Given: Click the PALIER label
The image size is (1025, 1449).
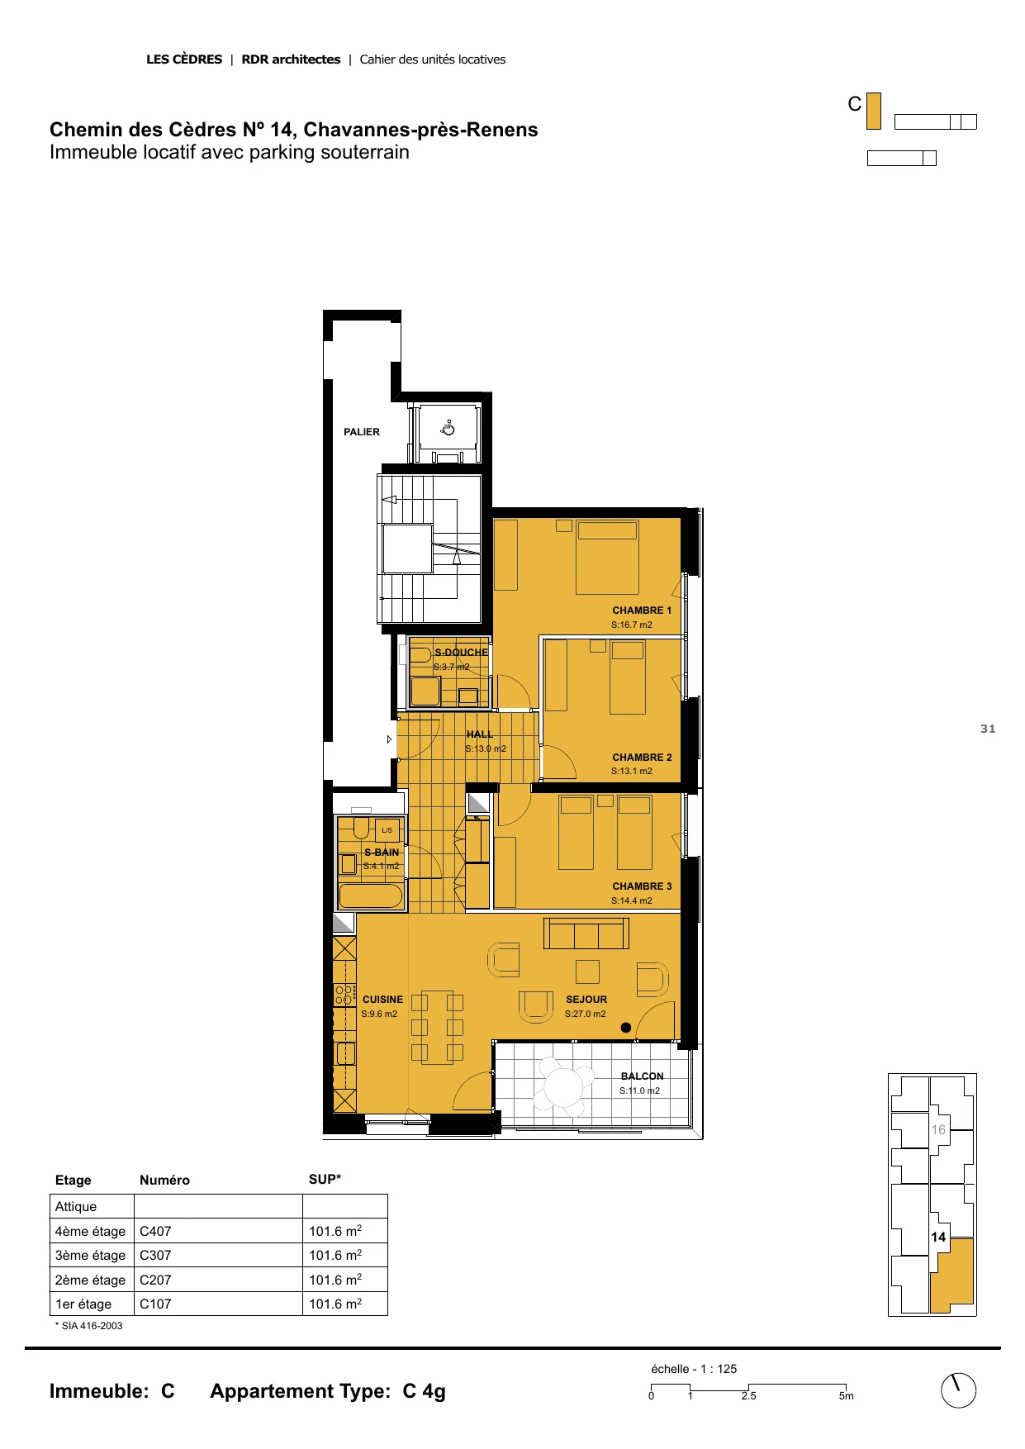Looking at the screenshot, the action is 362,432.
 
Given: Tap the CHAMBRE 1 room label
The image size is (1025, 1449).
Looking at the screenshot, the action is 642,610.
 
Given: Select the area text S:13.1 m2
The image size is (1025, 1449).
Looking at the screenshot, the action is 632,772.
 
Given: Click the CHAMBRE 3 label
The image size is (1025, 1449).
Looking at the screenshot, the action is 642,886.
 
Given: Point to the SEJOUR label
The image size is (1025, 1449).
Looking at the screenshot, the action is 586,1000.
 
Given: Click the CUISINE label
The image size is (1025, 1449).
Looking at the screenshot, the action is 383,1000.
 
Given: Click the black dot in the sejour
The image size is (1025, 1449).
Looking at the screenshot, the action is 625,1028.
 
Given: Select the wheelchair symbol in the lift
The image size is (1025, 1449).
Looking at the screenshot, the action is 448,428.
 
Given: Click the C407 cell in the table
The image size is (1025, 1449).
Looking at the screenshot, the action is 155,1231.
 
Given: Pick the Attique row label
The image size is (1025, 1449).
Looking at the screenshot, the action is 76,1207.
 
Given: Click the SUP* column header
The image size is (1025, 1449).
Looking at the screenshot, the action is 325,1180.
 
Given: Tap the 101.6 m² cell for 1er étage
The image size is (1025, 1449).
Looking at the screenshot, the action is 335,1304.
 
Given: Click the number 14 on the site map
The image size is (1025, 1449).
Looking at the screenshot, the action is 938,1238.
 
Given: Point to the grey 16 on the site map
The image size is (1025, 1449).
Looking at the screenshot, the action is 938,1130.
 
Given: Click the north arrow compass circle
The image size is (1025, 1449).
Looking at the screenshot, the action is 959,1391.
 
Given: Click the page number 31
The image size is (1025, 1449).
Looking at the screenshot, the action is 988,729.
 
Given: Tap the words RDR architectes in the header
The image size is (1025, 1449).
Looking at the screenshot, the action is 291,59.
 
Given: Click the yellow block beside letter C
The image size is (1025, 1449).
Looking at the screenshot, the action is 874,111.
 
